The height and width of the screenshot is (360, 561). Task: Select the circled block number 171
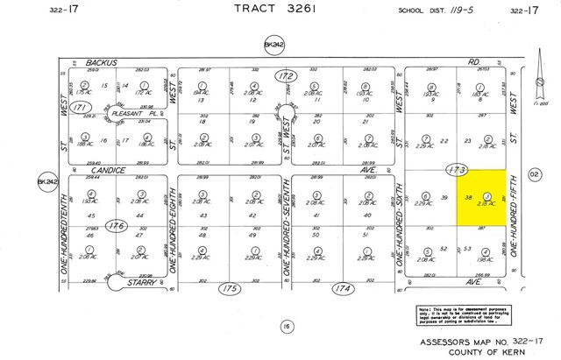(x=82, y=107)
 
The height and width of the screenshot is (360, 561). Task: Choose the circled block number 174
(x=340, y=287)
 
